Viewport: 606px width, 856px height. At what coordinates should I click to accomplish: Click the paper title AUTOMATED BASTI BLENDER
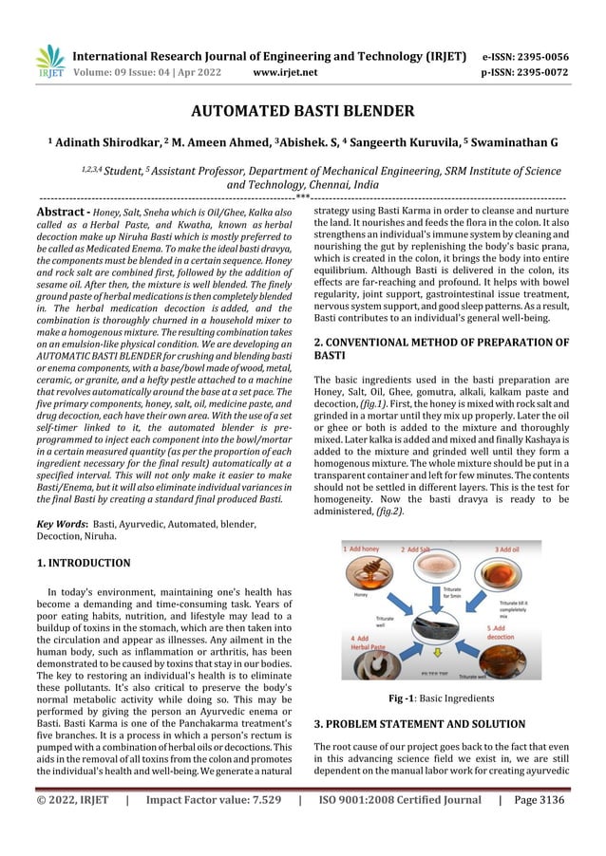tap(302, 112)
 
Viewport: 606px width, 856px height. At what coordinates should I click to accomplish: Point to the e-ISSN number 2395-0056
tap(540, 53)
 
